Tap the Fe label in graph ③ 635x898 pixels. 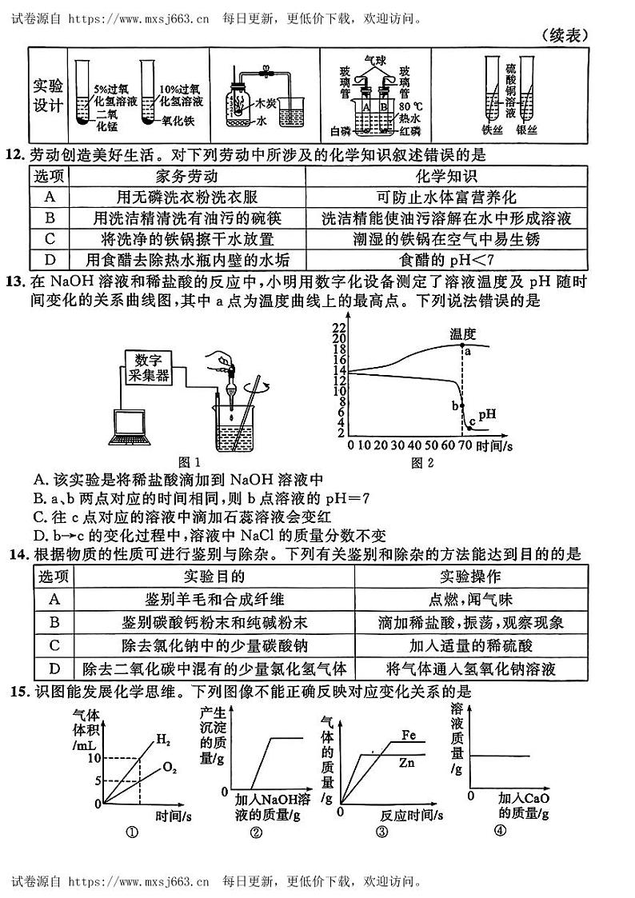(409, 733)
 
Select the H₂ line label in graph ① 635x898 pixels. (163, 740)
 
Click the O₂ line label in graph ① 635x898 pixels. (169, 768)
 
